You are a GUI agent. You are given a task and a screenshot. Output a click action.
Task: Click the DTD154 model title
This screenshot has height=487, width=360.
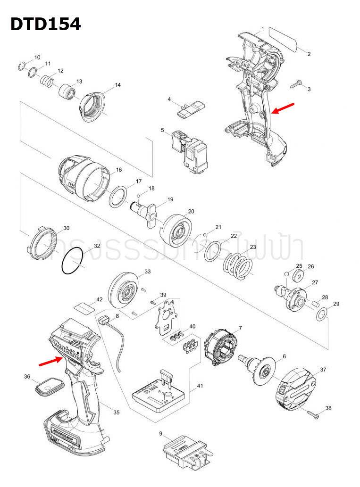coord(45,24)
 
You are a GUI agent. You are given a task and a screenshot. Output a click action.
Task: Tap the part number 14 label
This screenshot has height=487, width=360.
coord(117,85)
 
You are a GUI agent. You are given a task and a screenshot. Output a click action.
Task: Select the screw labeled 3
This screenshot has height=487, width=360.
coord(296,84)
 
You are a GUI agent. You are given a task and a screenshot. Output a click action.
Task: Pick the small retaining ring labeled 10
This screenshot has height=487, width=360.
coord(21,66)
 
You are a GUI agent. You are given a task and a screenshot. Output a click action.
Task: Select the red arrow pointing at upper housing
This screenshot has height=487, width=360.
coord(285,108)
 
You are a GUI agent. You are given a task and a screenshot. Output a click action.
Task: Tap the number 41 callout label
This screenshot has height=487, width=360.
coord(200,386)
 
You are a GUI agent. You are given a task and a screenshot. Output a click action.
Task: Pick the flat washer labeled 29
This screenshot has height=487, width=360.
coord(322,314)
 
